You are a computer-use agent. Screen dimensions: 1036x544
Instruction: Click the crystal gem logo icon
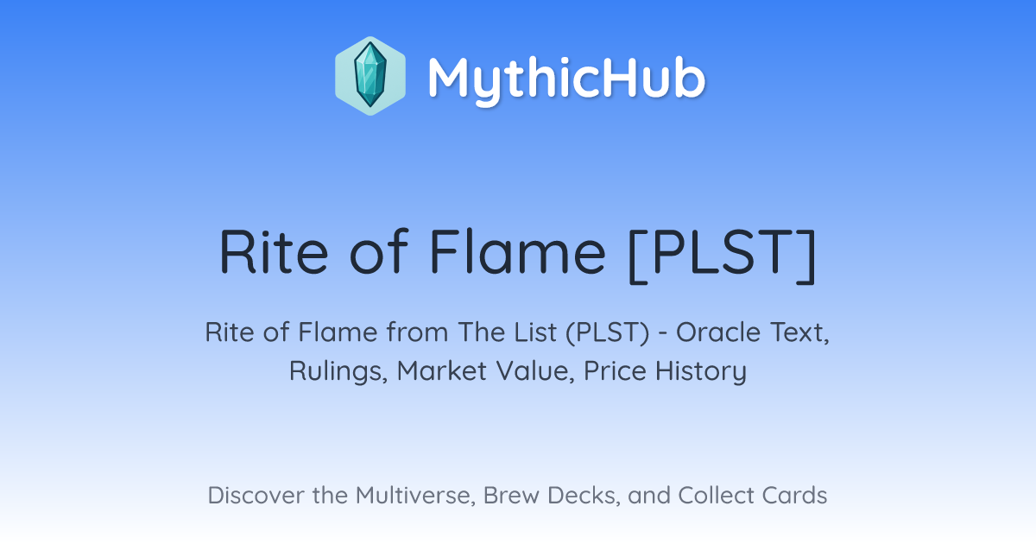(370, 76)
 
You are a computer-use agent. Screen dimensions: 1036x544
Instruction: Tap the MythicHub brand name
(566, 79)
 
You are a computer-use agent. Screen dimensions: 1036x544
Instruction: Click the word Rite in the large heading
(274, 252)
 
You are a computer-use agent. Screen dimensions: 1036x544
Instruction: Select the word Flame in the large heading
(517, 252)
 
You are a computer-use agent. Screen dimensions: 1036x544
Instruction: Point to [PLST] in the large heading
(723, 255)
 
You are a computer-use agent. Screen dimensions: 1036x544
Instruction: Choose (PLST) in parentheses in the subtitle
(607, 333)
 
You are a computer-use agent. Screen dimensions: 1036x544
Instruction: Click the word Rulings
(338, 371)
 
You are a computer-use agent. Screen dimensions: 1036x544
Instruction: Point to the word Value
(535, 370)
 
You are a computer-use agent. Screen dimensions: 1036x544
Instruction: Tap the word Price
(615, 370)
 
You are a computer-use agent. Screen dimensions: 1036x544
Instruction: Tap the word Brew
(511, 496)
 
